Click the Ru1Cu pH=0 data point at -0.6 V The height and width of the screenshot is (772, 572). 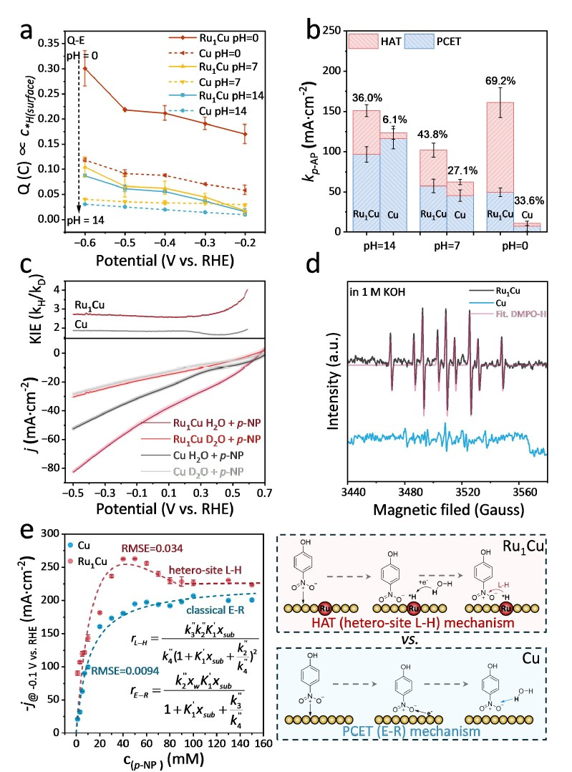86,68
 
